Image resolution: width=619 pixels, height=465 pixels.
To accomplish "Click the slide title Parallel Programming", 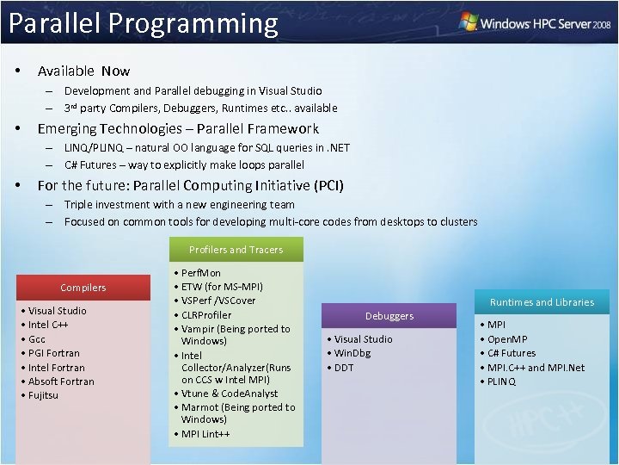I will click(x=144, y=23).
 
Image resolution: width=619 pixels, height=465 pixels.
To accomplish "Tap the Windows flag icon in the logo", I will click(x=469, y=22).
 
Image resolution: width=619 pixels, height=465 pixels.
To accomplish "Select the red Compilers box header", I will click(x=83, y=288).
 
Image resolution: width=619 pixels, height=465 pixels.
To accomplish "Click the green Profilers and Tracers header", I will click(x=236, y=250).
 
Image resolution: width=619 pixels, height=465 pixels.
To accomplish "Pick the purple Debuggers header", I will click(x=389, y=316).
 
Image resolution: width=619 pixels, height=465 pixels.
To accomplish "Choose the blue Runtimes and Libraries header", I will click(x=542, y=302).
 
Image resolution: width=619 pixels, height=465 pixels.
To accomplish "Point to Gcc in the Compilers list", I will click(x=38, y=339).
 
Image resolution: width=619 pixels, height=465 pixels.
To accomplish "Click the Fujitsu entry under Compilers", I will click(x=43, y=395).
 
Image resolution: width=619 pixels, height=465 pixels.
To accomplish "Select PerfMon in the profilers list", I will click(x=201, y=273).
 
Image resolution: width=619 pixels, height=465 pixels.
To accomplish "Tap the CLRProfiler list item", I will click(x=206, y=314).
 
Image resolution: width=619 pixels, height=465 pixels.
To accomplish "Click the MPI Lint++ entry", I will click(x=205, y=434).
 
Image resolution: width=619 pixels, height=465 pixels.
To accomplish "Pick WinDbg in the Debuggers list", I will click(x=352, y=353).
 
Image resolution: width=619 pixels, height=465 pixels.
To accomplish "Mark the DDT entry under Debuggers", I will click(x=344, y=368).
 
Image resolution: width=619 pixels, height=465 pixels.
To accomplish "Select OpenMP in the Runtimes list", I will click(x=508, y=339).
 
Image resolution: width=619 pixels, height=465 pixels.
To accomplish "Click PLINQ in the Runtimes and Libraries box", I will click(x=502, y=381).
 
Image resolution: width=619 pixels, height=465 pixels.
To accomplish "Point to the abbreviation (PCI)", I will click(x=328, y=185).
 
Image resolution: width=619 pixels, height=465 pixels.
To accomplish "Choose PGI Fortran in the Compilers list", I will click(x=54, y=353).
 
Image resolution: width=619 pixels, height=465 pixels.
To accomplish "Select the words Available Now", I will click(x=83, y=71).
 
